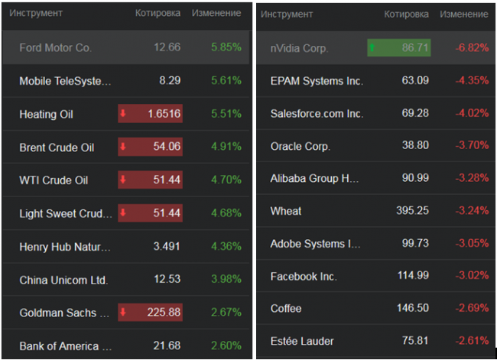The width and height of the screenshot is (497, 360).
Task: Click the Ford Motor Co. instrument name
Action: tap(55, 47)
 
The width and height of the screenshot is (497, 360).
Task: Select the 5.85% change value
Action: tap(226, 47)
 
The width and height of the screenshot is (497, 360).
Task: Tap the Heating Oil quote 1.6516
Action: tap(164, 115)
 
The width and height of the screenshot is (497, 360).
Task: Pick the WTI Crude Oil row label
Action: tap(54, 180)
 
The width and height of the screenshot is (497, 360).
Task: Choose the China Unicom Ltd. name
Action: tap(63, 280)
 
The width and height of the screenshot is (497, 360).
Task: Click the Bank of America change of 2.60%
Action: tap(226, 346)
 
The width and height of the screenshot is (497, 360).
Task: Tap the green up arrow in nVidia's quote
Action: tap(372, 48)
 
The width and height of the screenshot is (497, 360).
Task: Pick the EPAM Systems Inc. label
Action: tap(317, 81)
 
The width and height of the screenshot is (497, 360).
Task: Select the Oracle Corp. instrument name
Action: tap(300, 146)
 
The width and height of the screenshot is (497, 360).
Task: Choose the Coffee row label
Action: tap(286, 309)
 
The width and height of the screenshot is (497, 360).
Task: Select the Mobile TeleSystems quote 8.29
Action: tap(170, 81)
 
